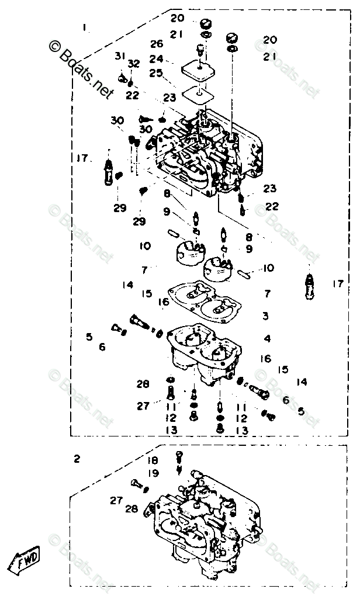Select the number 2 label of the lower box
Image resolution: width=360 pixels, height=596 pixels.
pos(77,459)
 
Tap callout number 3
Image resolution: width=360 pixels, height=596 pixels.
pos(265,316)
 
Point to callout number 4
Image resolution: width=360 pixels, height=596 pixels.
pos(267,338)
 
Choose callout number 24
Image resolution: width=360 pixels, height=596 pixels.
pos(155,59)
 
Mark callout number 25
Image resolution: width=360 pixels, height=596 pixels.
pos(155,73)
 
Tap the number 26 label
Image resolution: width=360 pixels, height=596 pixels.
pos(155,44)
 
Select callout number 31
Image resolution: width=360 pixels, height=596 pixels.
pos(120,56)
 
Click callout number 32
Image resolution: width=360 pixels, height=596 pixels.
pos(134,63)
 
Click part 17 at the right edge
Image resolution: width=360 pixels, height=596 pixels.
pos(309,284)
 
